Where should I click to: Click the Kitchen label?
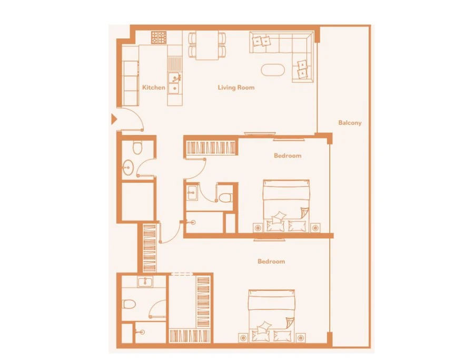[x=154, y=87]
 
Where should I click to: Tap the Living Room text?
[x=236, y=87]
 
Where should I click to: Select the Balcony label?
[x=350, y=123]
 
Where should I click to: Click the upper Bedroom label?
[x=288, y=155]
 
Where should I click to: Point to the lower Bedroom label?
[x=271, y=261]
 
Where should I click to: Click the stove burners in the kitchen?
[x=159, y=37]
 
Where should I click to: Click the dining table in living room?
[x=207, y=45]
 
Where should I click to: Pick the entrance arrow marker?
[x=113, y=119]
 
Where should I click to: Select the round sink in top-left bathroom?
[x=127, y=168]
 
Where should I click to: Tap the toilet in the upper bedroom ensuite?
[x=226, y=198]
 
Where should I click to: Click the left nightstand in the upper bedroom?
[x=257, y=228]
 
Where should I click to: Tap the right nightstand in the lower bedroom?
[x=301, y=337]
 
